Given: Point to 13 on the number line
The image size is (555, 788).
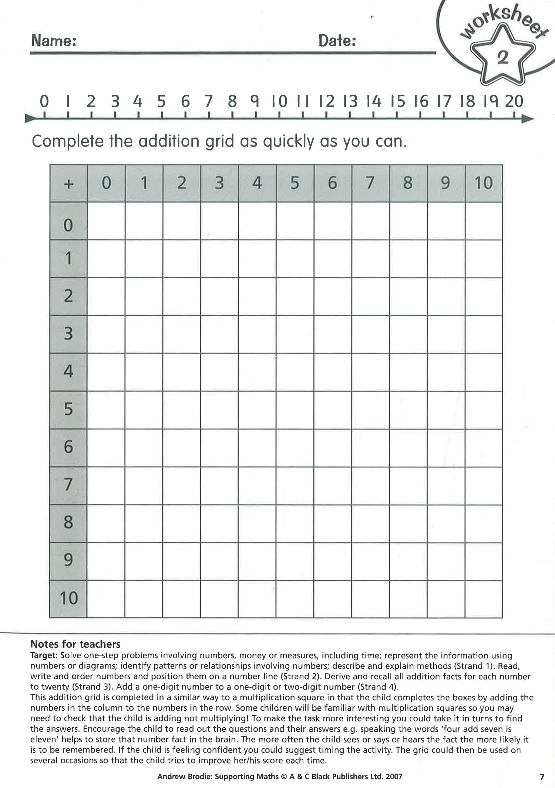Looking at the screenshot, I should point(350,101).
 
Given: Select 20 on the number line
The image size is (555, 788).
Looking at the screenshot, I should point(514,101).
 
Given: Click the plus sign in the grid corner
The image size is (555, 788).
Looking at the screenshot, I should point(68,184).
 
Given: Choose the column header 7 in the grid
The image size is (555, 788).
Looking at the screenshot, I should point(370,183).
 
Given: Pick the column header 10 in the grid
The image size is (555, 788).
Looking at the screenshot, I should point(484,183).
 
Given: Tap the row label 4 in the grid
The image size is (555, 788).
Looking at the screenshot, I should point(68,372).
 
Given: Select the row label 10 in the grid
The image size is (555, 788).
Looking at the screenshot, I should point(69,598).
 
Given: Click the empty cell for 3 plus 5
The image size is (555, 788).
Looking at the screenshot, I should point(295,334).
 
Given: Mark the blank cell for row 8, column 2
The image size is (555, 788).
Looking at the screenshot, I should point(182,523).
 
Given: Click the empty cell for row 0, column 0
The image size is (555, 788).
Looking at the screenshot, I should point(106,221).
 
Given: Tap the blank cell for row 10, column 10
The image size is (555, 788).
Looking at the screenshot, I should point(484,599).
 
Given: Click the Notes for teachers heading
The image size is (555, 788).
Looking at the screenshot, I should point(75,644).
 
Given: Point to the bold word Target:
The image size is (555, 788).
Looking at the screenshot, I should point(44,655).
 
